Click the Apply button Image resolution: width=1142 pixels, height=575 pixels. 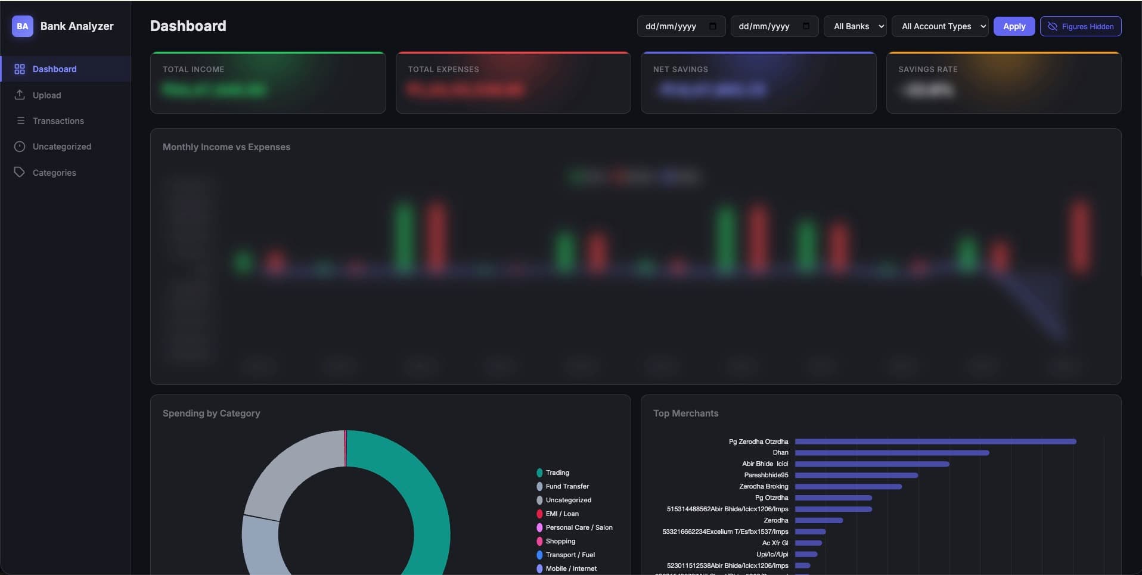pos(1014,26)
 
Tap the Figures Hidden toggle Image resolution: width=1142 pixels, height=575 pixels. pos(1081,26)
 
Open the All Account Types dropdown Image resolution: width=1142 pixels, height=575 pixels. pos(940,26)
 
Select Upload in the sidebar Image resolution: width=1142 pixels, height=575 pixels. pos(46,95)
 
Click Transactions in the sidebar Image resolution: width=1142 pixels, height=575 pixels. pos(58,121)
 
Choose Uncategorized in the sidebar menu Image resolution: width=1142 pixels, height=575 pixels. pos(61,147)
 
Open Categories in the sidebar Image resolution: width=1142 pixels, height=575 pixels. pos(54,173)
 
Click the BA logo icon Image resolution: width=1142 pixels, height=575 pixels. pos(23,26)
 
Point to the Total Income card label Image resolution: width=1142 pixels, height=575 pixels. pos(194,70)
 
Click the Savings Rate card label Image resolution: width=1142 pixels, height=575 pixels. pos(927,70)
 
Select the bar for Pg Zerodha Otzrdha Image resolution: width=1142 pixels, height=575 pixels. pos(935,442)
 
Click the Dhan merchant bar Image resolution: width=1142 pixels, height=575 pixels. pos(892,453)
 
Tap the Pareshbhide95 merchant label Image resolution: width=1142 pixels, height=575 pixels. pos(766,475)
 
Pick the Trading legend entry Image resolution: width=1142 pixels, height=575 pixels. pos(557,473)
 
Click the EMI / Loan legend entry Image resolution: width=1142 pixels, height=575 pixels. pos(561,514)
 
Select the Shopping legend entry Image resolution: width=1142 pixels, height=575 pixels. pos(560,542)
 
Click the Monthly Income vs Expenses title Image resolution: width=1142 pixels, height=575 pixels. pos(226,147)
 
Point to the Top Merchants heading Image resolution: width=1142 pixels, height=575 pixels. pos(685,414)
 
